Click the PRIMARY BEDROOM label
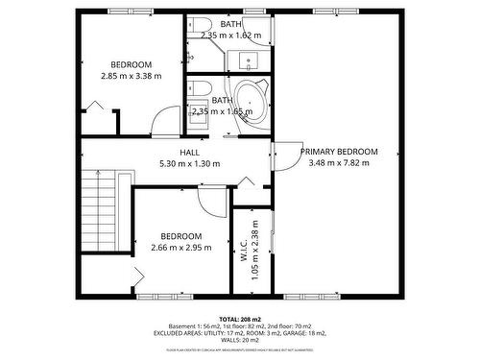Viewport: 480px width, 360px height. (339, 152)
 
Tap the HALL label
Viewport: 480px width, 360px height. (189, 152)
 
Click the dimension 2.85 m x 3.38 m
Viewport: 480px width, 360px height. (132, 75)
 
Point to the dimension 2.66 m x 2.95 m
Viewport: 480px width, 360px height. (180, 248)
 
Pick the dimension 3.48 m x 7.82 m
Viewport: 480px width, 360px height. (339, 163)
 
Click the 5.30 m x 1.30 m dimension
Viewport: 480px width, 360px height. (189, 163)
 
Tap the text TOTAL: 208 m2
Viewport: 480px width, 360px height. (241, 318)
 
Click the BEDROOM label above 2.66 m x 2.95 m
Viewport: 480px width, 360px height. (180, 236)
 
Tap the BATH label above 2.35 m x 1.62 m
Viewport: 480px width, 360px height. (230, 23)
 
